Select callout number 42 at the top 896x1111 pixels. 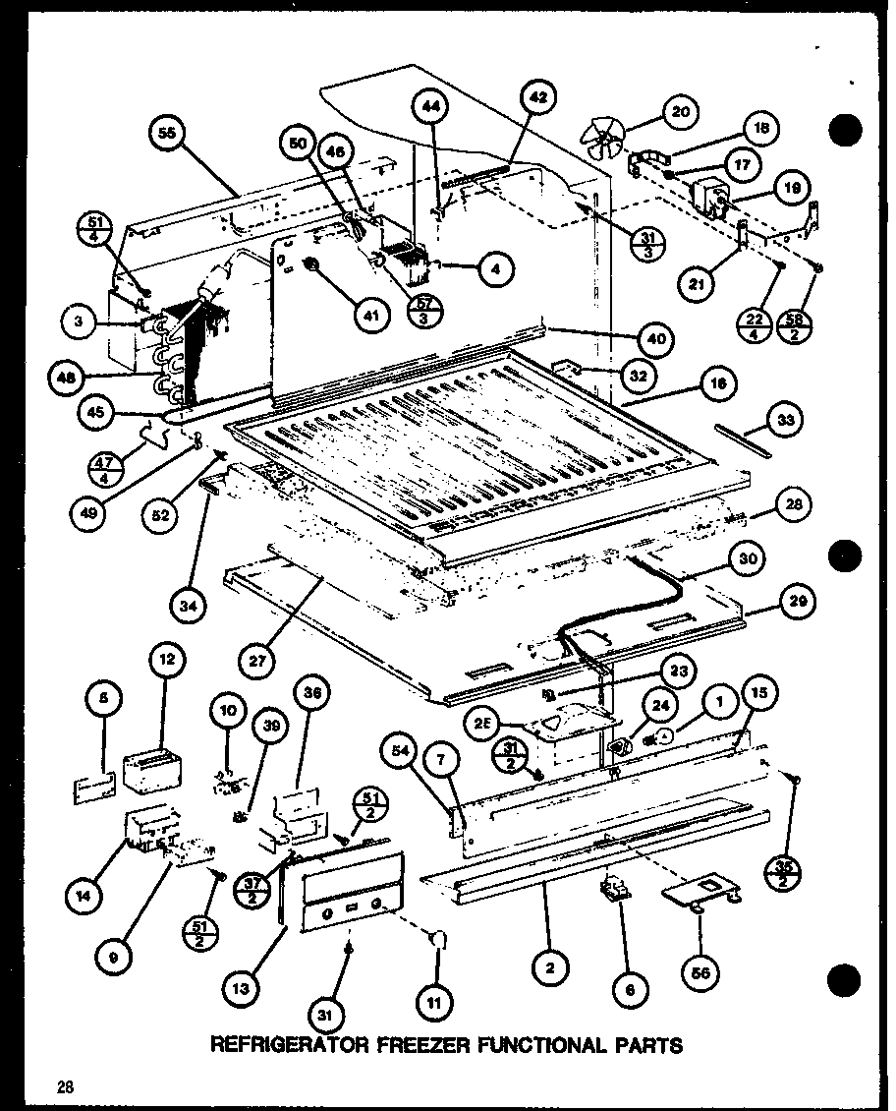pyautogui.click(x=536, y=97)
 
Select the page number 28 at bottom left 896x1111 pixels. pyautogui.click(x=65, y=1086)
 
